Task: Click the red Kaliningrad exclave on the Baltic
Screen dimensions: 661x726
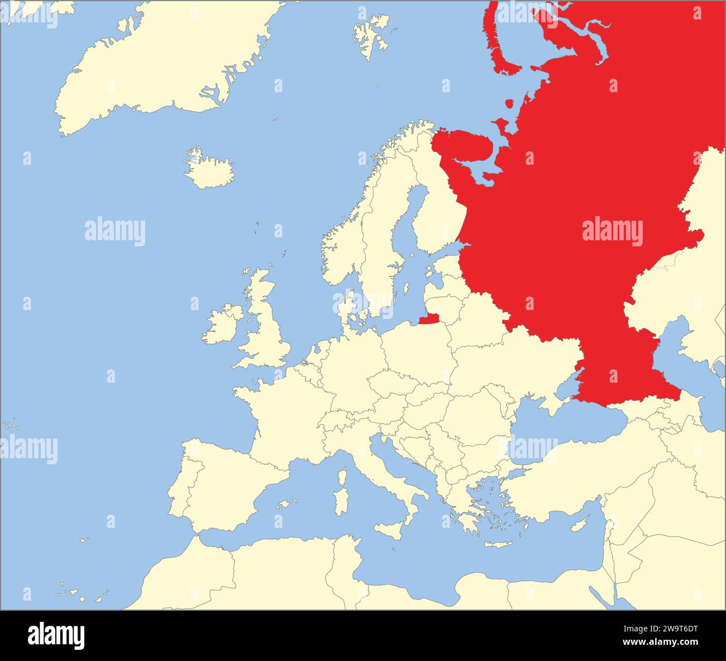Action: [x=429, y=320]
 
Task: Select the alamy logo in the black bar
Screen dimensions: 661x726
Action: [x=56, y=635]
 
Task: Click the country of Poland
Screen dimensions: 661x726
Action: [x=416, y=349]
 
